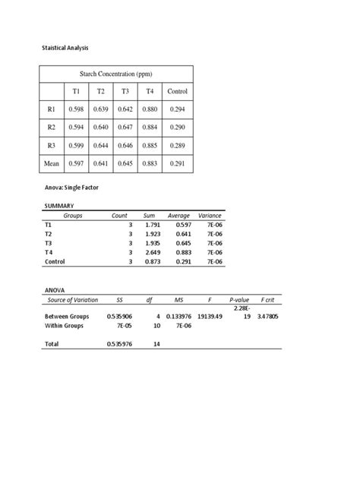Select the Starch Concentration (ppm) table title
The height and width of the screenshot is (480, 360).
[116, 74]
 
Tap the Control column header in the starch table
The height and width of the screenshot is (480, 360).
[177, 92]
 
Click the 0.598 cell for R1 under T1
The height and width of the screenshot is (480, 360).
[76, 110]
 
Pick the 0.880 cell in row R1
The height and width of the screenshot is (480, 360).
[150, 110]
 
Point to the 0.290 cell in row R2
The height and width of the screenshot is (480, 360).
[177, 128]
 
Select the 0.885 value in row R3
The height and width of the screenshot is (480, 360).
[150, 146]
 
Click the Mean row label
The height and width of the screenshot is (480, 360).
[52, 163]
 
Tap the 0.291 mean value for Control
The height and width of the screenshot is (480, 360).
[177, 163]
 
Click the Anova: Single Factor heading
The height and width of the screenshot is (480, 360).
[71, 187]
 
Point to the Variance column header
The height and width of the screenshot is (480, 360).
[210, 216]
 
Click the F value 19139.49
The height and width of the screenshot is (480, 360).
[210, 315]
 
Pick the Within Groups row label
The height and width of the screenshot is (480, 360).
[66, 325]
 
